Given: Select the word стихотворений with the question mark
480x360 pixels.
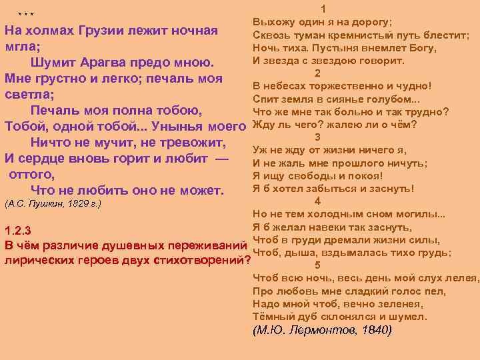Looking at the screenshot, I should tap(203, 260).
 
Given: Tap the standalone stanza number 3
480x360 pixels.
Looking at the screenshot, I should tap(317, 137).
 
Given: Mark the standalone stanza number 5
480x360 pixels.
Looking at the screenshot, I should tap(317, 265).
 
